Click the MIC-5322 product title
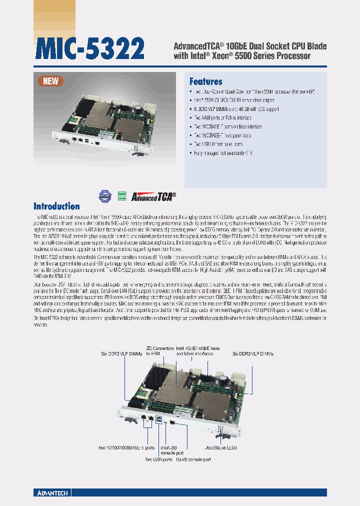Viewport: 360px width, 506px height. pyautogui.click(x=90, y=49)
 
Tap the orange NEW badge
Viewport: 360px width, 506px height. pyautogui.click(x=51, y=81)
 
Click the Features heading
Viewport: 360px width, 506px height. pyautogui.click(x=205, y=81)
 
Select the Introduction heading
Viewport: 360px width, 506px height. pyautogui.click(x=56, y=206)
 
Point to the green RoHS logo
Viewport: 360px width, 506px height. pyautogui.click(x=121, y=195)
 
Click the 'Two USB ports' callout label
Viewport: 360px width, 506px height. pyautogui.click(x=159, y=459)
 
